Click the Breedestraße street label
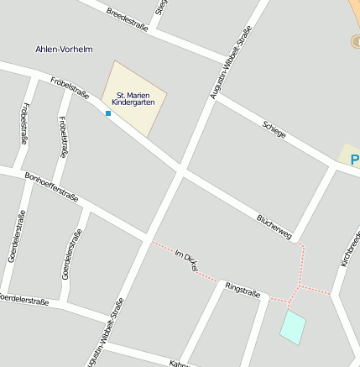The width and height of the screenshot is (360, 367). point(128,19)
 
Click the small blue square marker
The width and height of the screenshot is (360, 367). point(108,113)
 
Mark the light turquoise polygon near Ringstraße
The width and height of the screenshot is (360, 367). point(292,326)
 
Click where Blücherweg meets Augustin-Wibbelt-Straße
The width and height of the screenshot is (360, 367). point(180,170)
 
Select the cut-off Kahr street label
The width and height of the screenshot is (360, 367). point(179,364)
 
